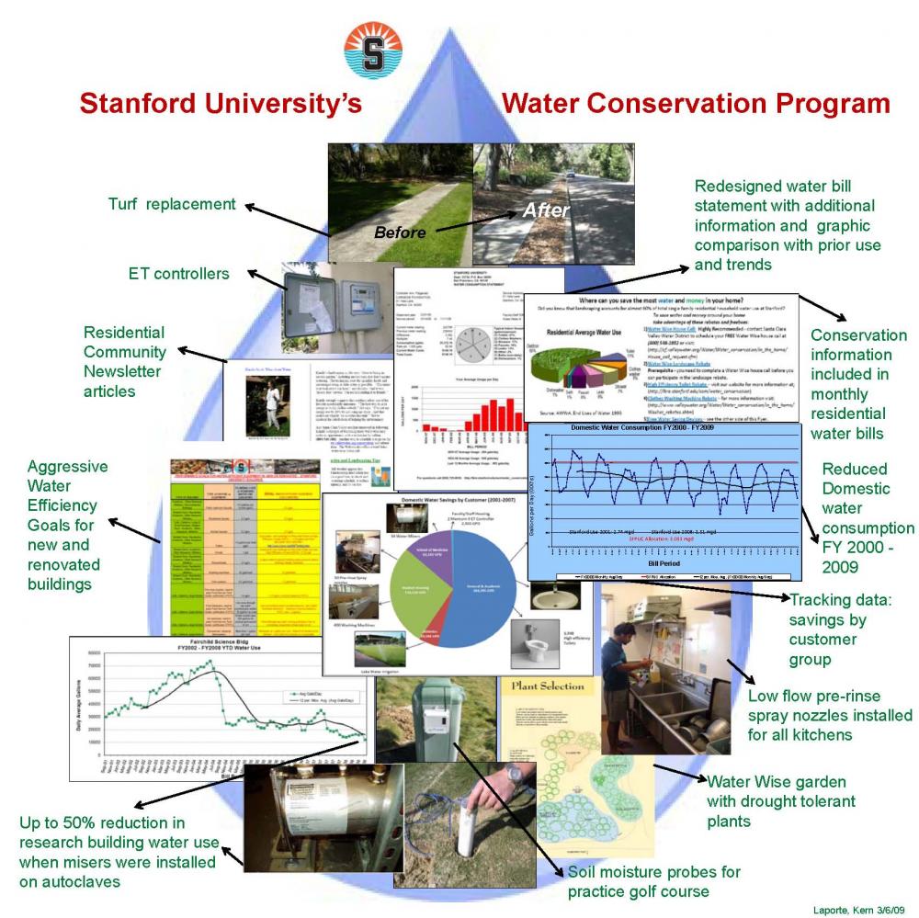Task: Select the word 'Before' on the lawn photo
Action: point(401,232)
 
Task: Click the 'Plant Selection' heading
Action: point(542,686)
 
